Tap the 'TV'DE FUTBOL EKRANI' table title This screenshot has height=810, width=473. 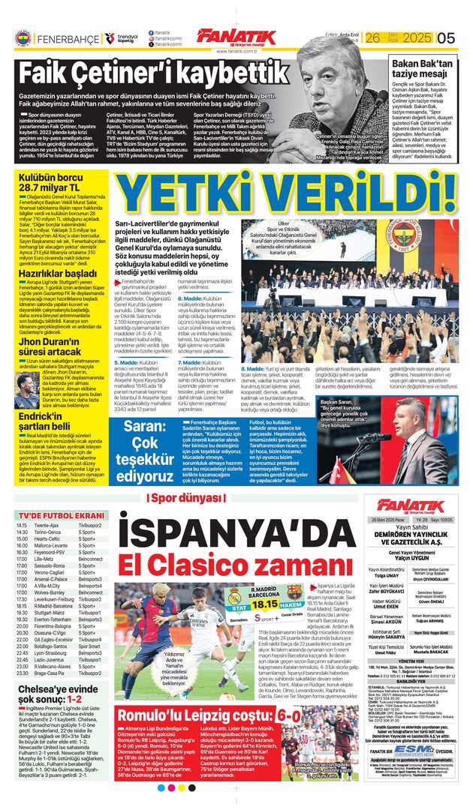pyautogui.click(x=62, y=516)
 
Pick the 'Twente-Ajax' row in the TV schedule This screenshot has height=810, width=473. pyautogui.click(x=47, y=526)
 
